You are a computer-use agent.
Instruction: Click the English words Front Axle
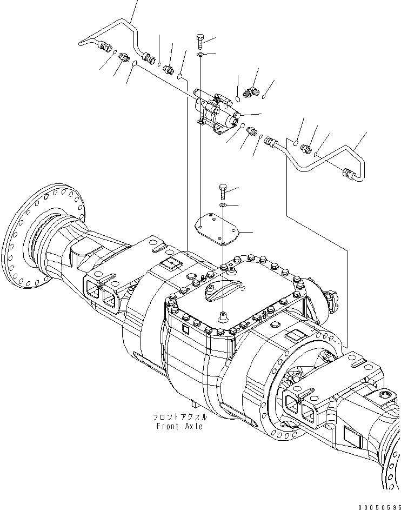coord(179,426)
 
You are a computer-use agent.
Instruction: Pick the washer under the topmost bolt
coord(200,55)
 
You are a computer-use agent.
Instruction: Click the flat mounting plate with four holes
coord(218,229)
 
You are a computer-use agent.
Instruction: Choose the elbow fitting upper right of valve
coord(251,92)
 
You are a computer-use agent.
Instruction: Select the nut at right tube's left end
coord(271,143)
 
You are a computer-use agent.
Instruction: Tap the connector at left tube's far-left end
coord(106,49)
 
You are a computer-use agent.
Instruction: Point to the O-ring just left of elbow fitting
coord(238,98)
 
